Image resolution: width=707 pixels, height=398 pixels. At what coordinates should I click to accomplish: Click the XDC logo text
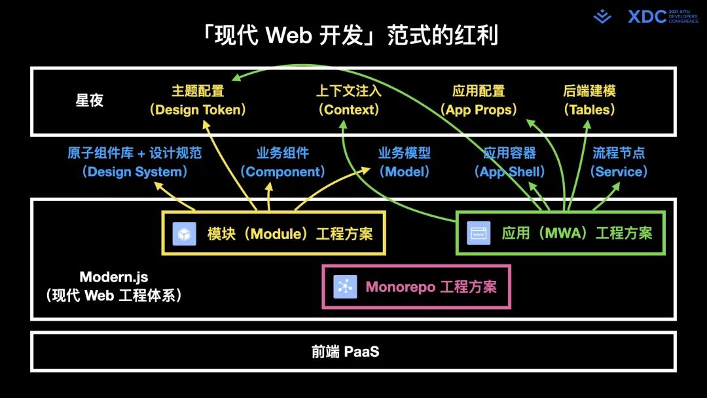pos(647,16)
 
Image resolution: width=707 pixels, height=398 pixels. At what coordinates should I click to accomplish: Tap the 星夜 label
pos(90,101)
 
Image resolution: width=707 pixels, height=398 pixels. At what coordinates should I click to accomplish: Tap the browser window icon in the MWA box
pos(479,233)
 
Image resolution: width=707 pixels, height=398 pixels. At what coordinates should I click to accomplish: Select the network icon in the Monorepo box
pos(344,287)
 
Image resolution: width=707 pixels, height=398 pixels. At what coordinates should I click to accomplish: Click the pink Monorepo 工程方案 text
pos(431,287)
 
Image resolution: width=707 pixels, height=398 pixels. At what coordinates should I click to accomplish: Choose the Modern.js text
pos(114,277)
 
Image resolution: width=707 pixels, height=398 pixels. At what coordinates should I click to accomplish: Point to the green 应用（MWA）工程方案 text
pos(577,233)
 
